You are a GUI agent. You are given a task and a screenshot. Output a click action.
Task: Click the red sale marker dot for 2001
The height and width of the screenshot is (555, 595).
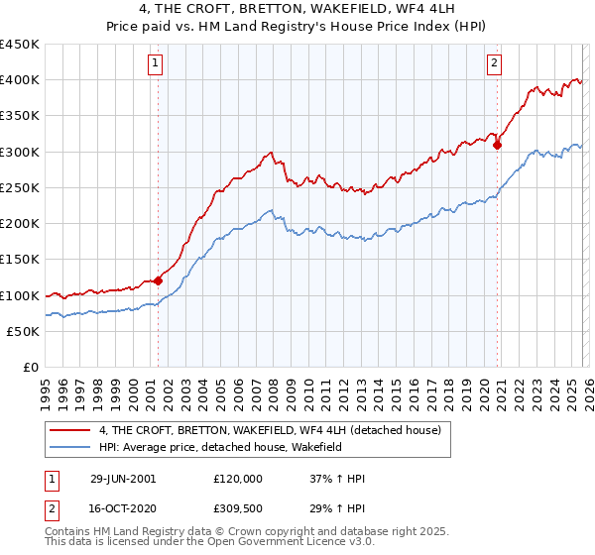click(x=158, y=281)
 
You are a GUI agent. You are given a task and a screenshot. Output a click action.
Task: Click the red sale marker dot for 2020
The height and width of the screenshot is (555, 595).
click(x=498, y=145)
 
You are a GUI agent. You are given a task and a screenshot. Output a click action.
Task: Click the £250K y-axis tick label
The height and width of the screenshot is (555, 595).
click(x=20, y=188)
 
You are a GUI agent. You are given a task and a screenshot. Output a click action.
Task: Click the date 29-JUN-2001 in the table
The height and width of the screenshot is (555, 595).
click(x=123, y=479)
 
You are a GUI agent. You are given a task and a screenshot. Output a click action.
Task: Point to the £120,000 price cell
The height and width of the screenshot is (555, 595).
click(x=238, y=479)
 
